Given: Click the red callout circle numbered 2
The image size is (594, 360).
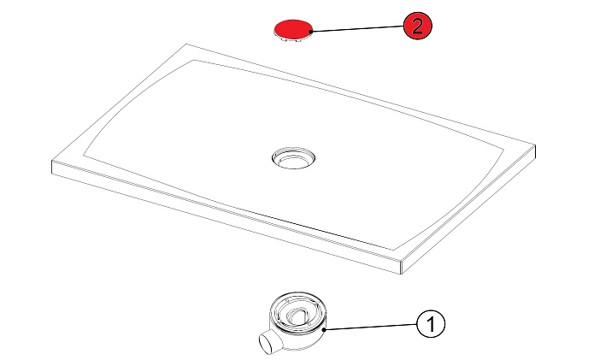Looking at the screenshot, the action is pyautogui.click(x=417, y=26).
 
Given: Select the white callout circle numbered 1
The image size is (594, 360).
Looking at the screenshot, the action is pyautogui.click(x=431, y=324).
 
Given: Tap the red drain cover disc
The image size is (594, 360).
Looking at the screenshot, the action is pyautogui.click(x=293, y=30).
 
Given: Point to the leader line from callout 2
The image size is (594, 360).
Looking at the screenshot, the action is pyautogui.click(x=357, y=29).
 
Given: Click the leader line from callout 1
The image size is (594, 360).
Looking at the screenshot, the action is pyautogui.click(x=370, y=327).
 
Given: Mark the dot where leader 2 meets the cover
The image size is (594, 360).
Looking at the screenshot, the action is pyautogui.click(x=311, y=32).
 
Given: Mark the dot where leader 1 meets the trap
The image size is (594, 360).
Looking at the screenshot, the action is pyautogui.click(x=324, y=330).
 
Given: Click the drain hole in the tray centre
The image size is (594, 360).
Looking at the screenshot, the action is pyautogui.click(x=294, y=157).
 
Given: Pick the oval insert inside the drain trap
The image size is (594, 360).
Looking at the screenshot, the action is pyautogui.click(x=297, y=314).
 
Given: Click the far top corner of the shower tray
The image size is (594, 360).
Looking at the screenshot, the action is pyautogui.click(x=186, y=44).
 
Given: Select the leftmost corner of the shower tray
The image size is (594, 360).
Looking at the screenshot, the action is pyautogui.click(x=52, y=162).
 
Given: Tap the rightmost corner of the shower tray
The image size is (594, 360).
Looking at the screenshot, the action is pyautogui.click(x=535, y=145).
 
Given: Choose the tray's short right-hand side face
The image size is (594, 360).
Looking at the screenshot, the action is pyautogui.click(x=468, y=209).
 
